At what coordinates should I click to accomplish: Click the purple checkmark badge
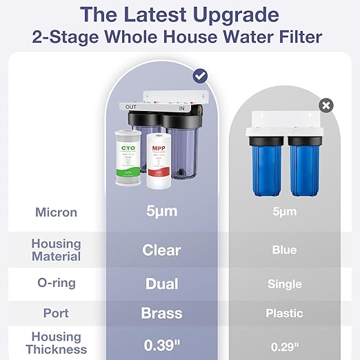[200, 75]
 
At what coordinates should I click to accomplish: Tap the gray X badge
[326, 105]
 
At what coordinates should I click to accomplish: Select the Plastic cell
[284, 313]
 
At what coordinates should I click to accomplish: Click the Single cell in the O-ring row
[284, 284]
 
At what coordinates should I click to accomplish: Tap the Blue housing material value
[284, 250]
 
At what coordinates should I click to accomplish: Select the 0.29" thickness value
[284, 344]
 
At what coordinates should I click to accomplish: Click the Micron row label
[56, 212]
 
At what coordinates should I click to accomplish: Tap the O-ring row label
[56, 283]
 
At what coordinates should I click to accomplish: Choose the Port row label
[56, 313]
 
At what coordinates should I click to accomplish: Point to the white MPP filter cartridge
[158, 162]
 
